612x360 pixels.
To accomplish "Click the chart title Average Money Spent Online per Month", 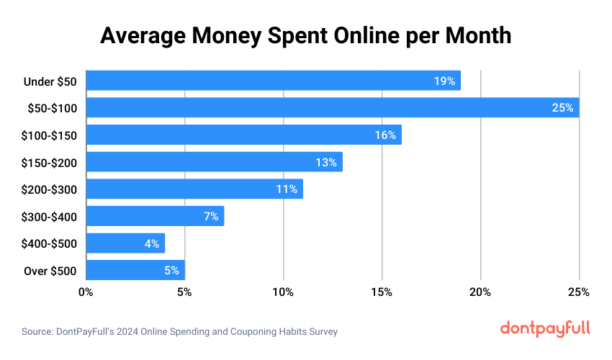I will coord(305,35).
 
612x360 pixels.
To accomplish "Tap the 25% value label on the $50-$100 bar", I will coord(562,108).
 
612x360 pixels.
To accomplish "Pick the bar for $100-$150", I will coord(243,135).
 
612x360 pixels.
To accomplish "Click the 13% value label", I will coord(325,162).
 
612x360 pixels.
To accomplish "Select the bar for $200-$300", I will coord(194,189).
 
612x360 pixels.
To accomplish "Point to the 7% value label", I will coord(210,216).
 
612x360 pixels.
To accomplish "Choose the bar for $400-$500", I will coord(125,243).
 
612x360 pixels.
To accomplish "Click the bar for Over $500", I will coord(135,270).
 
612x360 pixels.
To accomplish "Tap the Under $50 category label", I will coord(50,81).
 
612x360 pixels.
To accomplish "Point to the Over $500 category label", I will coord(50,270).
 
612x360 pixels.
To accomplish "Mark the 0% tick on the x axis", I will coord(86,292).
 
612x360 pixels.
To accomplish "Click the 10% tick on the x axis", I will coord(283,292).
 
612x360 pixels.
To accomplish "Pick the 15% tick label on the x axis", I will coord(382,292).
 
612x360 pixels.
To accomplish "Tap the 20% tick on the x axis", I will coord(480,292).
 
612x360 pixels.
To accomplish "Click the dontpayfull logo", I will coord(545,328).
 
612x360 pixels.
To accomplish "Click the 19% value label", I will coord(444,81).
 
